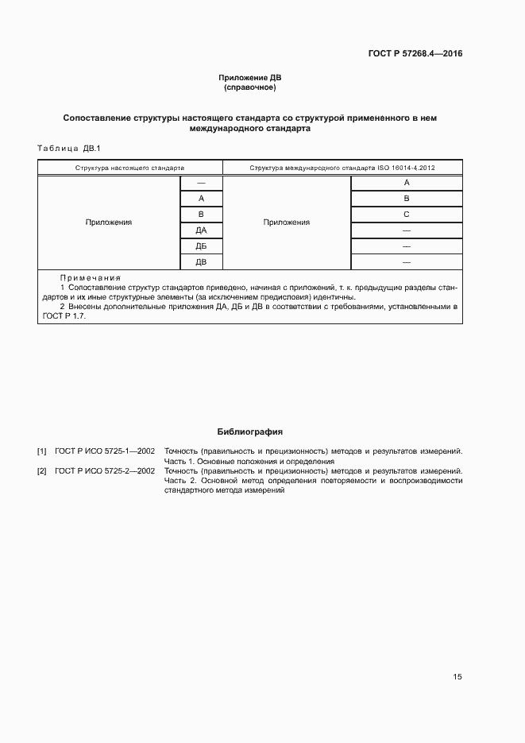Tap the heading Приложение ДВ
[250, 78]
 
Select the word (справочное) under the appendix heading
[250, 87]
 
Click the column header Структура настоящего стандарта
[129, 168]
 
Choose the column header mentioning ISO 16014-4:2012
[342, 168]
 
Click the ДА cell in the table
[201, 230]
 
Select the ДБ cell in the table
[201, 246]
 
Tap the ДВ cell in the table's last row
[201, 261]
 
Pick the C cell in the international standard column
[406, 215]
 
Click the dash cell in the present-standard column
[201, 184]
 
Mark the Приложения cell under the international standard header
[286, 223]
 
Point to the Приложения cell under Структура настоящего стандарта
[109, 223]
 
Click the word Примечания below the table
[90, 278]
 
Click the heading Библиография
[250, 431]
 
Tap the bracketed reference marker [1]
[42, 451]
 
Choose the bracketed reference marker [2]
[42, 471]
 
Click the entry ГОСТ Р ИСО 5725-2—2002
[105, 471]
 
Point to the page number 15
[457, 677]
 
